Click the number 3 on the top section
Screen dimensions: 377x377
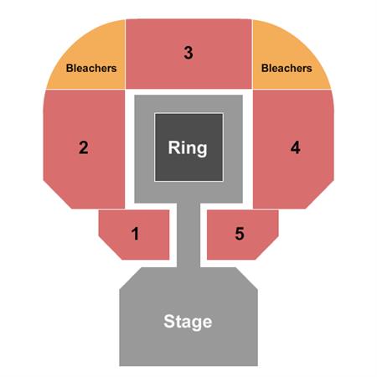point(188,53)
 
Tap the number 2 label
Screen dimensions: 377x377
point(84,147)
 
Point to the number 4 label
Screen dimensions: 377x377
point(295,147)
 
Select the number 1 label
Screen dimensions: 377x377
point(135,234)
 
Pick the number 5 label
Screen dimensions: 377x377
point(240,234)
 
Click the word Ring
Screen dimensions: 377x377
point(188,147)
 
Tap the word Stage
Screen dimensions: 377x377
point(188,322)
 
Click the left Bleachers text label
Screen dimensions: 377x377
point(91,68)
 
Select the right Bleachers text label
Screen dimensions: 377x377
point(287,68)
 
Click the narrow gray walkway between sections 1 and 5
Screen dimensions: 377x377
point(188,235)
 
